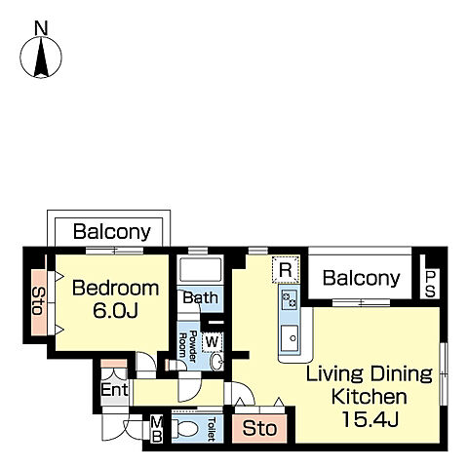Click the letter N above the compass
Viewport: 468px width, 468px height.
[41, 28]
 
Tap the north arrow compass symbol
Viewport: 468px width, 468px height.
[41, 58]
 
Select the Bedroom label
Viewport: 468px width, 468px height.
[115, 289]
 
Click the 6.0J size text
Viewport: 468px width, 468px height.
[115, 310]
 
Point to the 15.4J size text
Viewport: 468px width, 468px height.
[370, 419]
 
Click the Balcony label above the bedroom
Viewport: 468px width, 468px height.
[112, 232]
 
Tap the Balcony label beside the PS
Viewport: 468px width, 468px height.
[361, 278]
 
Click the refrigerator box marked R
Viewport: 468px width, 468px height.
[286, 270]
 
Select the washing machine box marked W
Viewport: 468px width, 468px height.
[212, 342]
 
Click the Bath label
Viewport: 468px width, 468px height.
[200, 297]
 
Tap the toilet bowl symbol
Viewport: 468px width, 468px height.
[185, 428]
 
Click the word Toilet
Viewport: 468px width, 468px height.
[212, 429]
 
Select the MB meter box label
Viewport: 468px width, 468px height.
[157, 430]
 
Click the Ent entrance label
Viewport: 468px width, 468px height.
[114, 389]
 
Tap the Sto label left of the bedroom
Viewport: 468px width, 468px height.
[37, 301]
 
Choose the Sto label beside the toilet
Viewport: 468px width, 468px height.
[259, 428]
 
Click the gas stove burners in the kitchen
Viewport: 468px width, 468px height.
[290, 300]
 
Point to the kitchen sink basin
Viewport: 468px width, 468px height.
[290, 338]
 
